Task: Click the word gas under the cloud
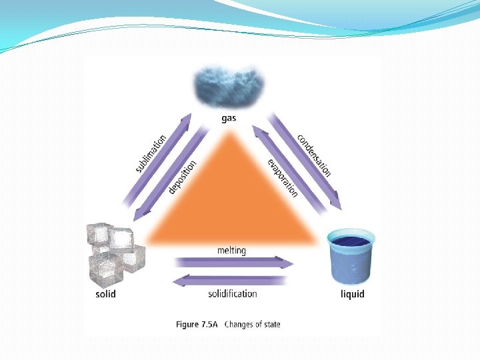coord(229,119)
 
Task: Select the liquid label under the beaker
coord(353,294)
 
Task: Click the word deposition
coord(182,177)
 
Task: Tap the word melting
coord(231,251)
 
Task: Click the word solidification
coord(232,293)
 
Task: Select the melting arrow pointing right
coord(233,263)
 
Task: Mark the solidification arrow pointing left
coord(233,280)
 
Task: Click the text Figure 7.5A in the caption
coord(197,325)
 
